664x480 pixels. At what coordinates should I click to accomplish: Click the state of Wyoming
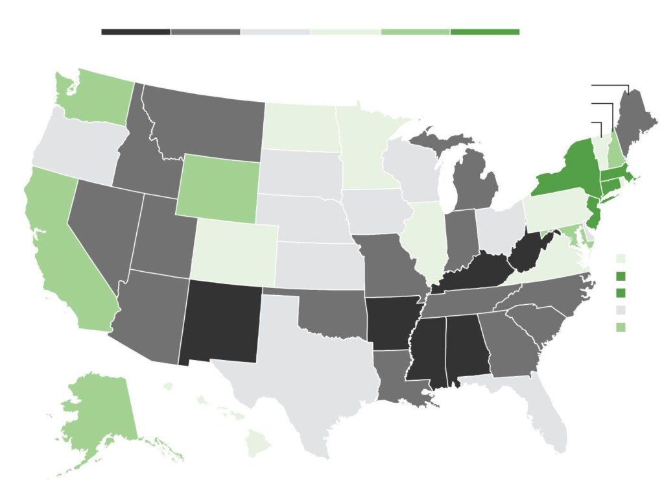(x=217, y=185)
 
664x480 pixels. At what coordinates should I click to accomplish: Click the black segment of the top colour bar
(x=136, y=31)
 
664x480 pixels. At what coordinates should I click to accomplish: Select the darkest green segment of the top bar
(x=484, y=31)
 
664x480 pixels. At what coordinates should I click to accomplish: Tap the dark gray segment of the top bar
(x=206, y=31)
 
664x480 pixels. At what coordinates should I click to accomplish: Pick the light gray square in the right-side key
(x=621, y=309)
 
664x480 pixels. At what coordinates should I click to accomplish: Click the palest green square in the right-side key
(x=621, y=259)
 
